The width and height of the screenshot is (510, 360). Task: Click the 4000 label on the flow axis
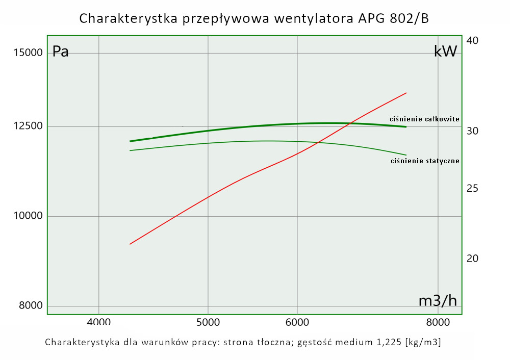[x=98, y=322]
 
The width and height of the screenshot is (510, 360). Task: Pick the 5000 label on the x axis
[x=208, y=322]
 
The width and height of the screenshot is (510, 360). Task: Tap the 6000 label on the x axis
[x=297, y=322]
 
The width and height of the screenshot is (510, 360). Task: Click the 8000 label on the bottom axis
[x=438, y=322]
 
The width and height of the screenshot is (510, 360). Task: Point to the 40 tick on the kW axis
[x=472, y=41]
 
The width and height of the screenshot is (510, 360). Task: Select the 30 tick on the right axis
[x=472, y=131]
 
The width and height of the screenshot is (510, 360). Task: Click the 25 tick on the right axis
[x=472, y=189]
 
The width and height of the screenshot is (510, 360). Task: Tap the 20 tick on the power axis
[x=472, y=259]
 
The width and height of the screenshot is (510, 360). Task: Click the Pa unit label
[x=61, y=52]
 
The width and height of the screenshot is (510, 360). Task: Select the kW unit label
[x=445, y=51]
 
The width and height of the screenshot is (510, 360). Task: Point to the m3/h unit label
[x=438, y=301]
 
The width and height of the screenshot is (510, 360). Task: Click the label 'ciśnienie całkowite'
[x=424, y=119]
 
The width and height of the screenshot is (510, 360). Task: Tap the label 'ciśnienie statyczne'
[x=425, y=161]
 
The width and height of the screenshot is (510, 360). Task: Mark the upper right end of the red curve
[x=406, y=93]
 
